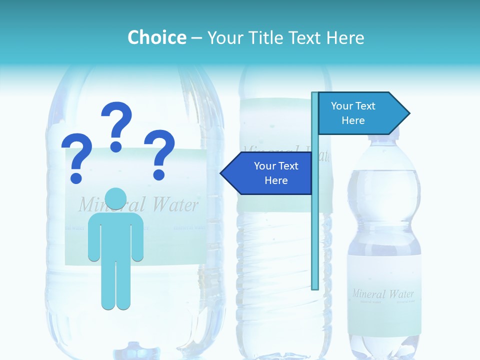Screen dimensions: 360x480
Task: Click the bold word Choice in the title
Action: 156,37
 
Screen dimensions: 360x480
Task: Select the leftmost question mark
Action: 76,157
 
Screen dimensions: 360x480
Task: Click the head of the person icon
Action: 115,198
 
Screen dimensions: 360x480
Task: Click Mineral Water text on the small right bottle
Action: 383,293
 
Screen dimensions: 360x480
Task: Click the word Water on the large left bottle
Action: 175,204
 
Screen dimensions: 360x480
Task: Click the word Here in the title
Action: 345,37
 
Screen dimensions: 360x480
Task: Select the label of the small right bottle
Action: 384,300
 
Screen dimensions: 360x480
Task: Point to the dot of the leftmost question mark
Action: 76,177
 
